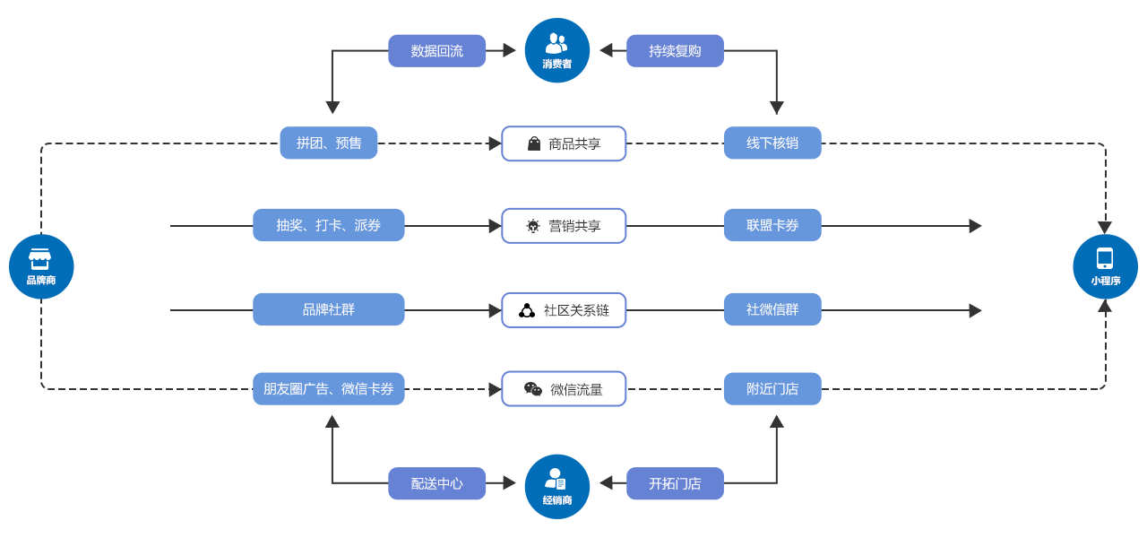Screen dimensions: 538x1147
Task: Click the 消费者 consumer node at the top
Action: tap(556, 50)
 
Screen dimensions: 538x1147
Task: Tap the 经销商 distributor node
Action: tap(556, 486)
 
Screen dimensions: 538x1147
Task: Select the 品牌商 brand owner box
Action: tap(41, 266)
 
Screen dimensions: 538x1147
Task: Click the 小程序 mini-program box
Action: tap(1105, 266)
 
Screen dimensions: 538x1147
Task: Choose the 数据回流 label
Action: tap(437, 51)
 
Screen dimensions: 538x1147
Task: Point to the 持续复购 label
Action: tap(675, 51)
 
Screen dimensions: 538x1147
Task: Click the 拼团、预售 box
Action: tap(329, 143)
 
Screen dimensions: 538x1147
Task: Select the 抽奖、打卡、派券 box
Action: tap(329, 225)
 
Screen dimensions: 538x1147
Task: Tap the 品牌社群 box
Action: tap(329, 309)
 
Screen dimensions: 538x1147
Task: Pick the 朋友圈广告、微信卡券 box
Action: tap(329, 388)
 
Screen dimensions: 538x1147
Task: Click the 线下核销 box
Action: tap(772, 143)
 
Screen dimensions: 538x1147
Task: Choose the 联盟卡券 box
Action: tap(772, 225)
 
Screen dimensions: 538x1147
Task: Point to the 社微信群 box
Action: tap(772, 309)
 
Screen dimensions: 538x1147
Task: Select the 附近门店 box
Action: tap(772, 388)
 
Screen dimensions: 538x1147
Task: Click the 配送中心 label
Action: tap(437, 483)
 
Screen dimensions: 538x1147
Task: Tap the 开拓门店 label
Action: tap(675, 483)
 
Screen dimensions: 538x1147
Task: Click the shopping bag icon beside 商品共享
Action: tap(534, 143)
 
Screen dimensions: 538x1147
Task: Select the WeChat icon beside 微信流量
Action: tap(533, 389)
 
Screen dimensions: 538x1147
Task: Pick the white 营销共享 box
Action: tap(564, 226)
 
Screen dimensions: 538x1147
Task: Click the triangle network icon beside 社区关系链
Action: tap(527, 310)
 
